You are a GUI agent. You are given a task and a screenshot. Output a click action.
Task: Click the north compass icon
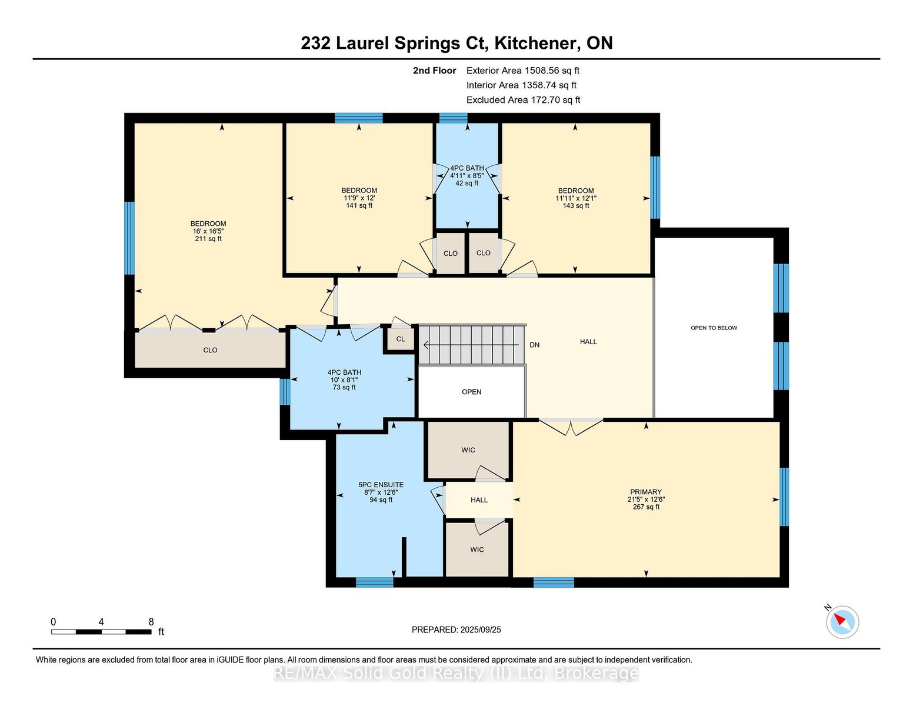842,622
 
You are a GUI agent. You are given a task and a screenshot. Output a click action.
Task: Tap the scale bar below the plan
101,632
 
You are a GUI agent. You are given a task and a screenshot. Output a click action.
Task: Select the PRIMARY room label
646,492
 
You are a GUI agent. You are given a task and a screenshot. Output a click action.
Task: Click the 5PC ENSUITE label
381,485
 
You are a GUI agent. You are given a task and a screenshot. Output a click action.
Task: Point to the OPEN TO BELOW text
714,328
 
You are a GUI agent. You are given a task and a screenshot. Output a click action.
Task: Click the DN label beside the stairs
534,345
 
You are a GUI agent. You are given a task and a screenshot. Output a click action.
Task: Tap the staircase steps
471,345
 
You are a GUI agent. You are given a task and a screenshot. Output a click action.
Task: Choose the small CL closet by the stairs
401,339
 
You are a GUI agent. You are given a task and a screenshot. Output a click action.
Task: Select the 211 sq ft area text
208,239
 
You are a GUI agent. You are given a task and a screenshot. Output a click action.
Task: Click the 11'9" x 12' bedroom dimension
359,198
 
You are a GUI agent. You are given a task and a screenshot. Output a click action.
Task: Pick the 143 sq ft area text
575,206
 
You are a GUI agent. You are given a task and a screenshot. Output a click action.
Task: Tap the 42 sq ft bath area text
467,183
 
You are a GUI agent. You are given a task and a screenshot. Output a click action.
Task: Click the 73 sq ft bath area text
344,387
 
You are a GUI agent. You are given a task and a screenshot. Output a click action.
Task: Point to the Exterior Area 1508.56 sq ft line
522,71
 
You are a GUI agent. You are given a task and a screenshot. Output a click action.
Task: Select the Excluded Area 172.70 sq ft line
523,100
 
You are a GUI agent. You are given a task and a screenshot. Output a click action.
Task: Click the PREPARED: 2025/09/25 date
456,630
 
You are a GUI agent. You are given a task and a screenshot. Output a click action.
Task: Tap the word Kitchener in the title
535,44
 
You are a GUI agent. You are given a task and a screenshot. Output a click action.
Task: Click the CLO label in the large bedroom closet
210,350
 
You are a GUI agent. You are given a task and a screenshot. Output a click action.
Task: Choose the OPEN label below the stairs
471,392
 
